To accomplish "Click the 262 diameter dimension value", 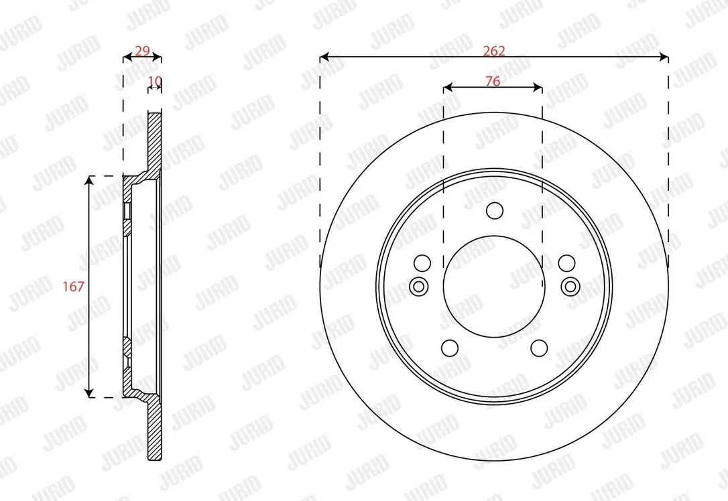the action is click(x=494, y=50).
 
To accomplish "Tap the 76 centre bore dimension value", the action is click(x=493, y=81).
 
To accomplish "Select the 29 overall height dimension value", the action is click(x=142, y=50).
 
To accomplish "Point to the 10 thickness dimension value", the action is click(x=155, y=81).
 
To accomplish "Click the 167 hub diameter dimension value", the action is click(x=73, y=287).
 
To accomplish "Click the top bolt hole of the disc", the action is click(x=495, y=210).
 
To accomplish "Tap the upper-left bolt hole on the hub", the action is click(x=422, y=263).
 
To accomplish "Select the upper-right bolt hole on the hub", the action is click(x=567, y=263).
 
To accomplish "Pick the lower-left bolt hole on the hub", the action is click(x=449, y=348).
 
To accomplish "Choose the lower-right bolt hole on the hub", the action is click(x=539, y=348).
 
